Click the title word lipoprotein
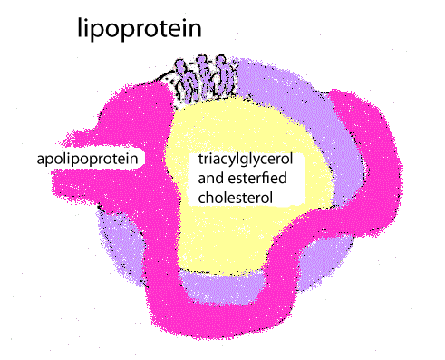(x=138, y=31)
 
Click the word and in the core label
(x=211, y=177)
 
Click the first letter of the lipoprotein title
(x=79, y=30)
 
